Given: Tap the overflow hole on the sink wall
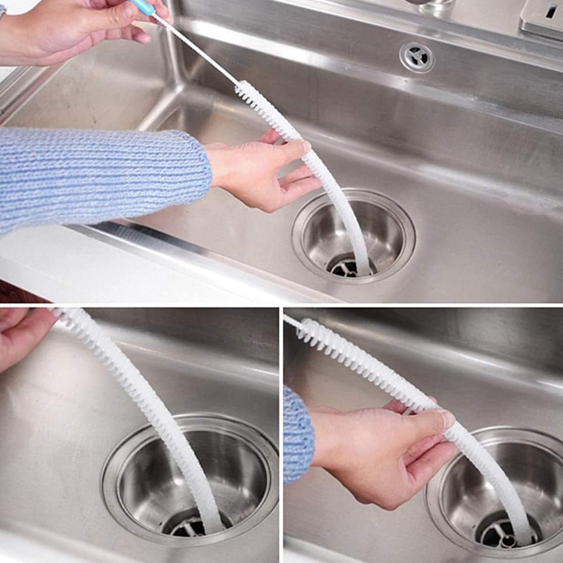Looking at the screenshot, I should (x=417, y=57).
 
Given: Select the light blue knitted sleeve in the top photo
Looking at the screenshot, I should (x=94, y=178).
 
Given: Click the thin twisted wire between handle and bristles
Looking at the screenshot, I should (x=202, y=52).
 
